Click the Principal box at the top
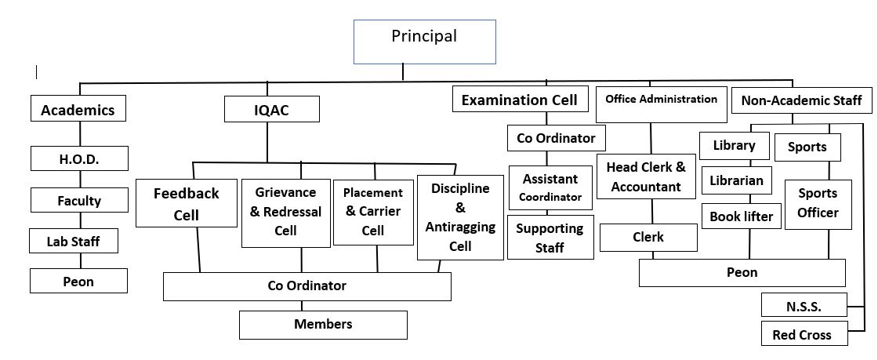click(424, 42)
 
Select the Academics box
click(78, 108)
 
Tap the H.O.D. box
click(79, 158)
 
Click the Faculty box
click(79, 200)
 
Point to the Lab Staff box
click(74, 241)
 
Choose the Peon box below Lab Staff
click(78, 281)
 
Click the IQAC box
click(271, 108)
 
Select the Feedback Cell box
click(187, 202)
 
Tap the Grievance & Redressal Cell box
click(285, 213)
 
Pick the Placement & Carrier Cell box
click(373, 213)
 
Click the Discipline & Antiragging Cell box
click(460, 217)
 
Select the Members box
click(323, 325)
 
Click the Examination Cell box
click(521, 99)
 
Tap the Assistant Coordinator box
click(550, 187)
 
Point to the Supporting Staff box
click(550, 237)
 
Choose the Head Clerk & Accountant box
click(646, 176)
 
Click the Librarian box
click(736, 180)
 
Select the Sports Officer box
click(818, 205)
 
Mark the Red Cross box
click(804, 333)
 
